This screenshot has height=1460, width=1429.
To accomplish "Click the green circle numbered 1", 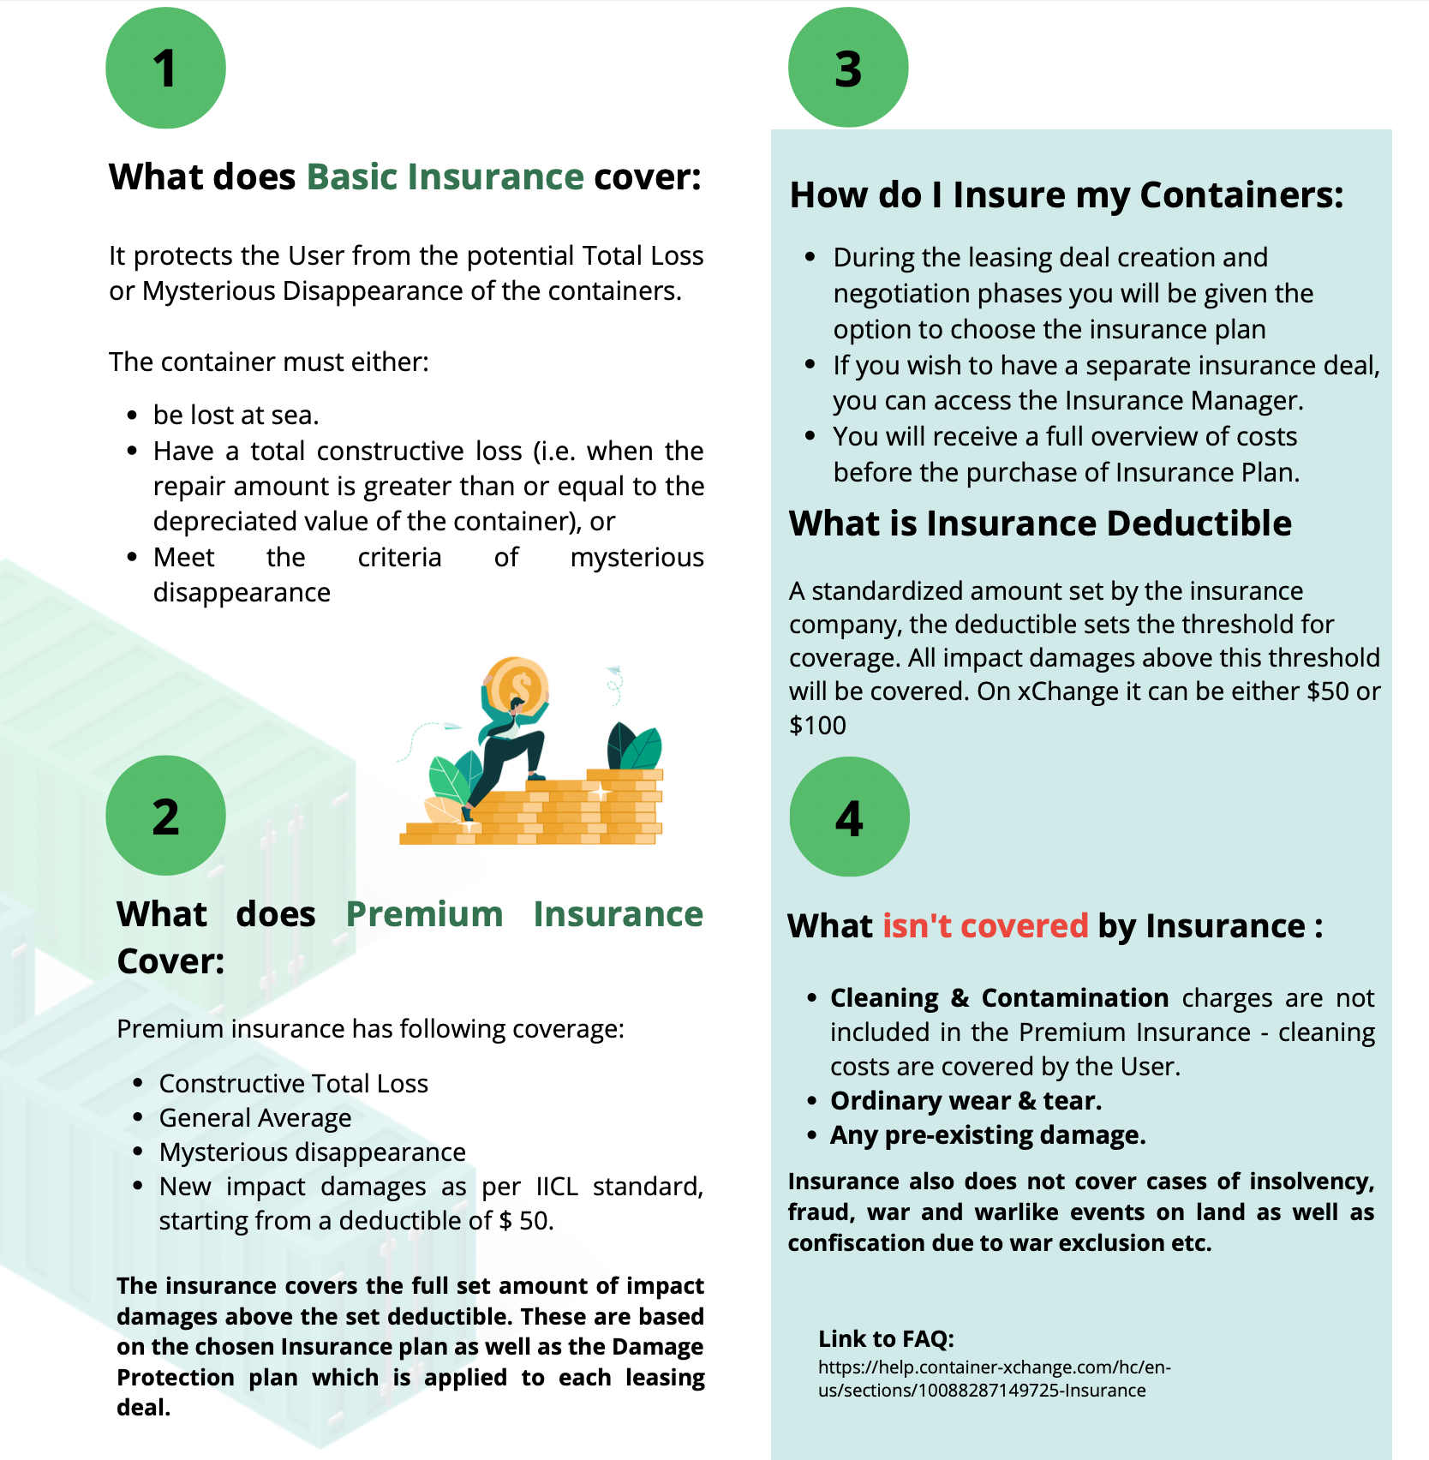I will click(165, 69).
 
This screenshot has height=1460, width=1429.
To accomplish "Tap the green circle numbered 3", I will click(848, 69).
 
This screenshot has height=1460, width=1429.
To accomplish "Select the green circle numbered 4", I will click(849, 817).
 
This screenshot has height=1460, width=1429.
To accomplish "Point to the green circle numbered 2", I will click(165, 816).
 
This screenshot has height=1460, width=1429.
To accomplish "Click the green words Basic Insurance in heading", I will click(445, 177).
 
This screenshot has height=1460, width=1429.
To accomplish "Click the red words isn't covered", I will click(984, 926).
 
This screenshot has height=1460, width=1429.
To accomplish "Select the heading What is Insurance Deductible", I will click(1039, 524).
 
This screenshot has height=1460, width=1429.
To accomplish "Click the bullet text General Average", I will click(255, 1118).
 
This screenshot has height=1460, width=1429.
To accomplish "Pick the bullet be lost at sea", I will click(236, 416).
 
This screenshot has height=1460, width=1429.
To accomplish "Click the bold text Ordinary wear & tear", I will click(966, 1101).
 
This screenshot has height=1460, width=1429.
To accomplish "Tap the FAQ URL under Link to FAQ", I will click(994, 1379).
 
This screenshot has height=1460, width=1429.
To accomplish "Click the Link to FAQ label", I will click(886, 1339).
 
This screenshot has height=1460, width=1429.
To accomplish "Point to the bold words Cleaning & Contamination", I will click(999, 998).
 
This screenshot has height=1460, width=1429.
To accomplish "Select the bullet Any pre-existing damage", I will click(987, 1135).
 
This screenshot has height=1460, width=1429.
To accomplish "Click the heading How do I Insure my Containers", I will click(1066, 195).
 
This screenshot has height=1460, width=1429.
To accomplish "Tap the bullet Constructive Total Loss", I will click(293, 1084).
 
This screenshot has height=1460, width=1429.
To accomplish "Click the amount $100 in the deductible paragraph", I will click(817, 726).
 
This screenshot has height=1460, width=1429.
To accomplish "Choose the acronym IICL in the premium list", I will click(557, 1187).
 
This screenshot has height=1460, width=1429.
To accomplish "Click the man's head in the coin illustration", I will click(517, 705).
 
